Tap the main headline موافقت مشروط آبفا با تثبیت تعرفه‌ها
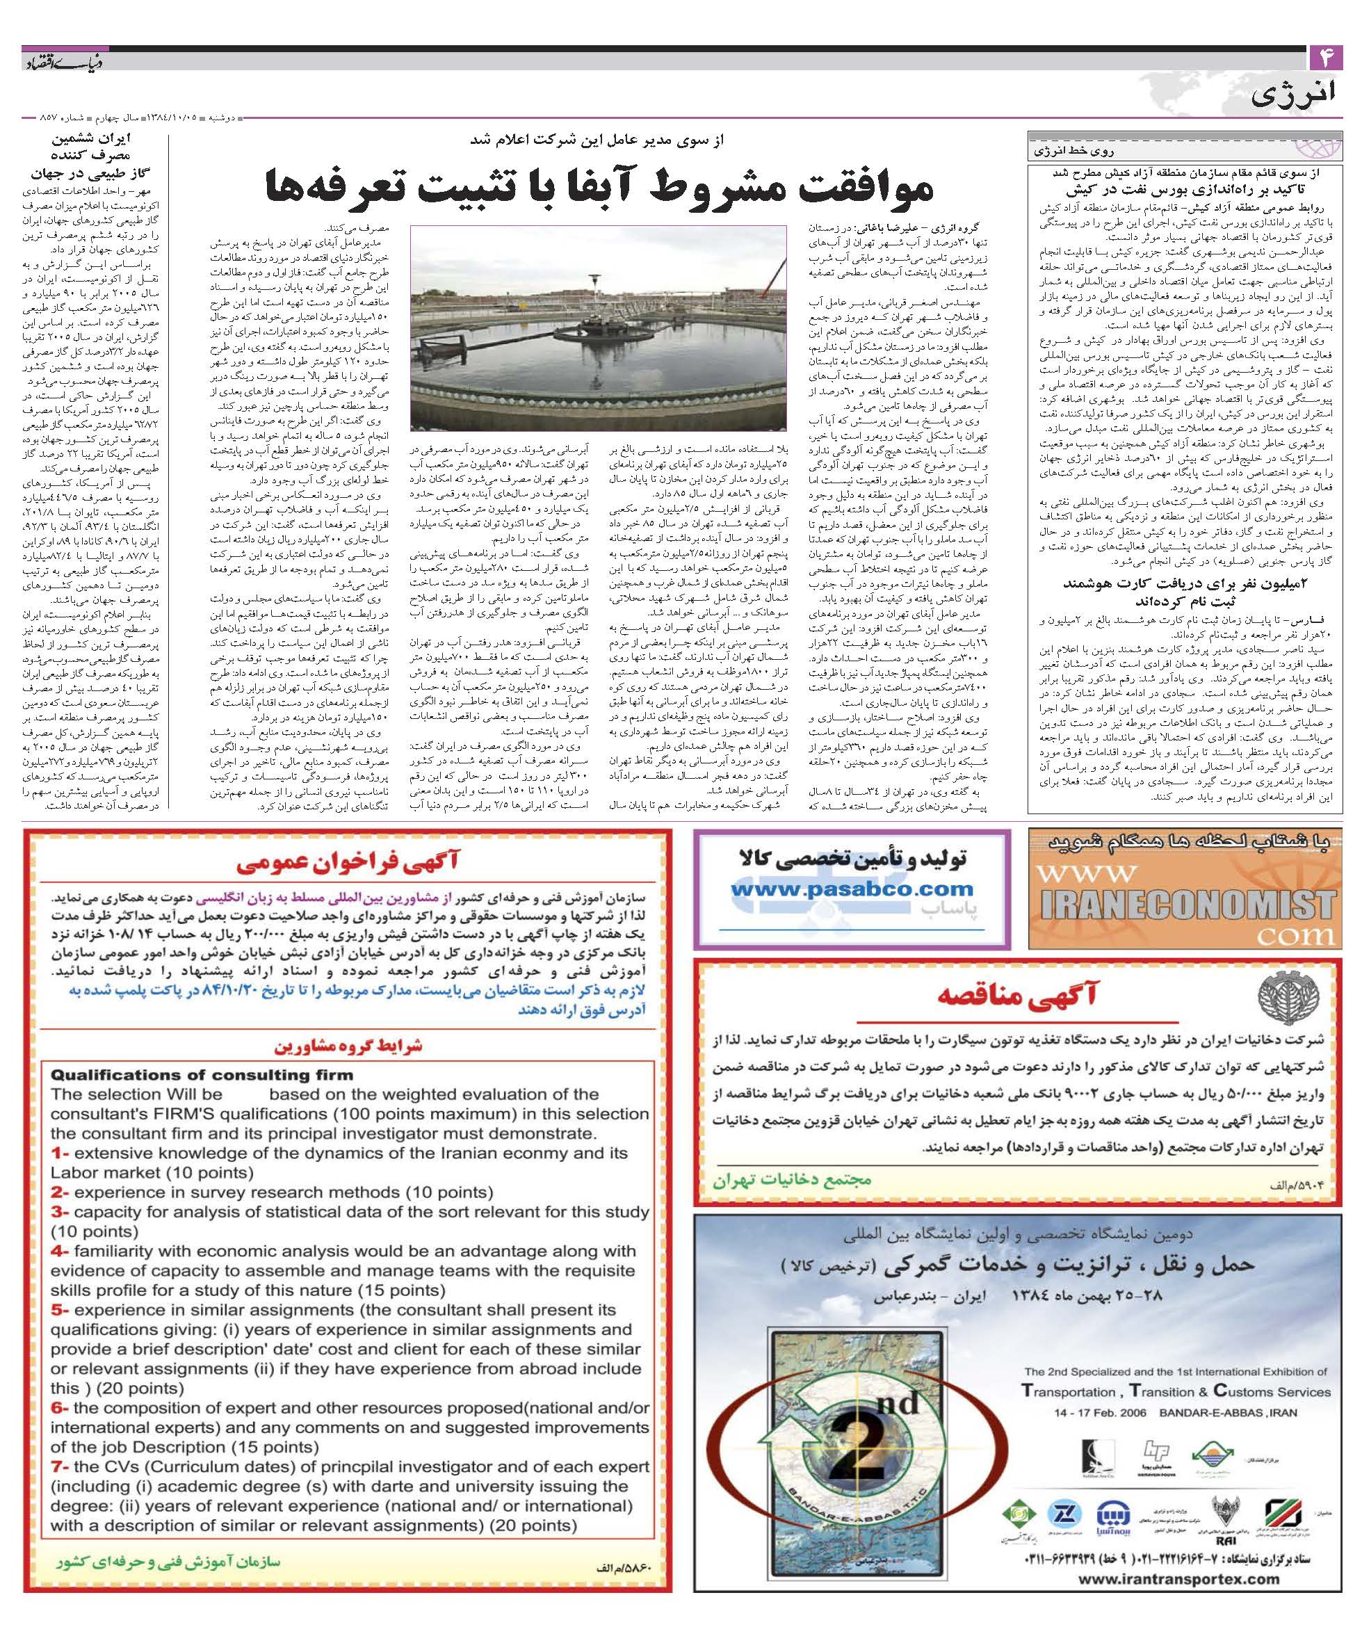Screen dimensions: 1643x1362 coord(599,186)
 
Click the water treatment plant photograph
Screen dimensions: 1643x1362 coord(598,327)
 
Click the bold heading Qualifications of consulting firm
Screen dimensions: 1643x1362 coord(202,1074)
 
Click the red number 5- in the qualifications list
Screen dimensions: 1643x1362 coord(60,1310)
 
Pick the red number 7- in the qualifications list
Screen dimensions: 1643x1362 coord(60,1466)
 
